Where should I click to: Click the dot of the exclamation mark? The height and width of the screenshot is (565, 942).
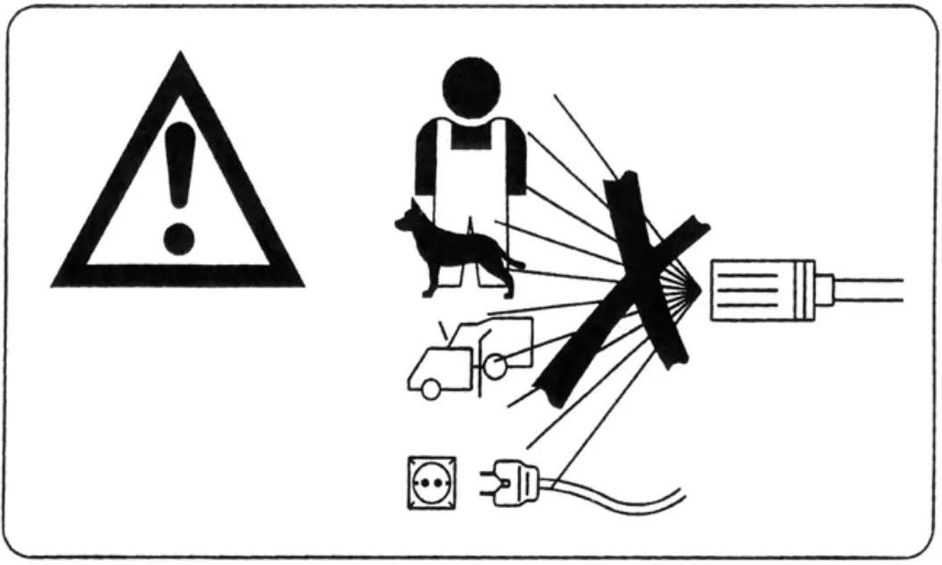(178, 238)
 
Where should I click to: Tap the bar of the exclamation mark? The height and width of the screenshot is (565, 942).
(179, 170)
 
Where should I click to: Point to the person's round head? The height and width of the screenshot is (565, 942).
(470, 87)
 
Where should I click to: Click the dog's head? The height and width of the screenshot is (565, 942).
(411, 215)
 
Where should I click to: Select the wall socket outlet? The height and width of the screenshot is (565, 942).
(431, 483)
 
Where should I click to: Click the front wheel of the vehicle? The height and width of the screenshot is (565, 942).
(431, 388)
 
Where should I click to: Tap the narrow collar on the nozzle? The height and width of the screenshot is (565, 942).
(825, 288)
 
